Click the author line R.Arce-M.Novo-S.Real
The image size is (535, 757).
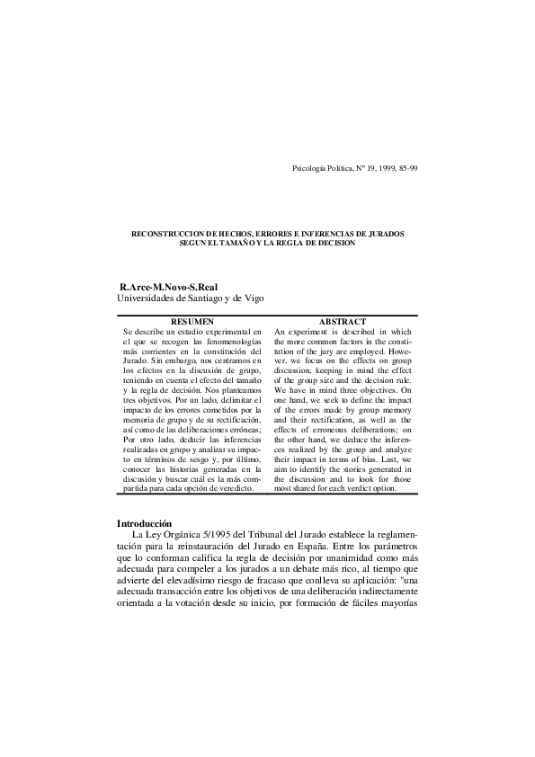(x=168, y=287)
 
